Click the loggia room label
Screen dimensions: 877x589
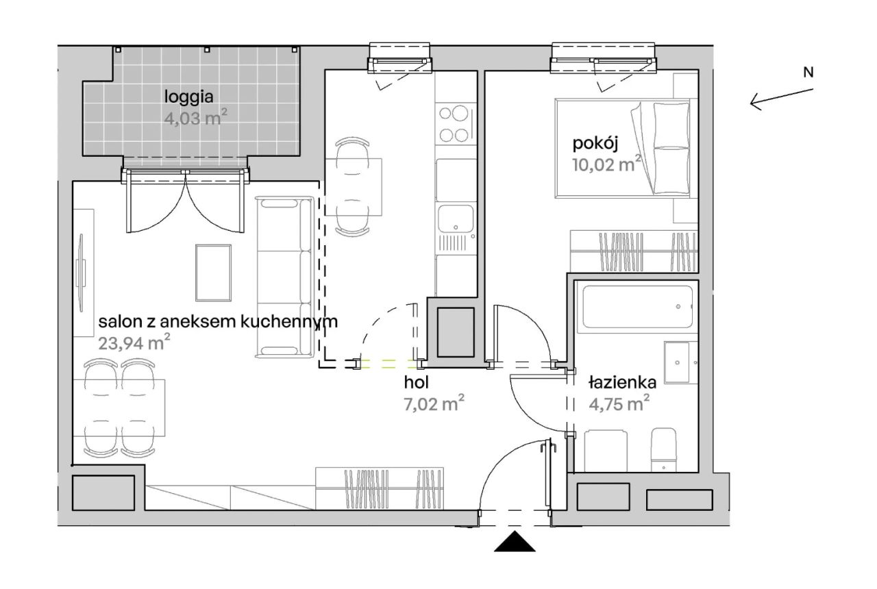coord(188,97)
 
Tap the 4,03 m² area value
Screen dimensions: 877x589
coord(195,117)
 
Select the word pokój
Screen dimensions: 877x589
coord(595,144)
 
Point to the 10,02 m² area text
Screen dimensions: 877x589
coord(606,164)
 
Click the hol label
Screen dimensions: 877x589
coord(416,382)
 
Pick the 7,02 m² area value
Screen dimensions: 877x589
coord(434,403)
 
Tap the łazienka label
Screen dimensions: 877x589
coord(623,382)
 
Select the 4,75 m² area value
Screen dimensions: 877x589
coord(619,403)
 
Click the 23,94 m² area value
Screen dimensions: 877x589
coord(134,343)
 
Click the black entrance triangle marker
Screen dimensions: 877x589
coord(515,541)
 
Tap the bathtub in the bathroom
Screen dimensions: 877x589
coord(637,307)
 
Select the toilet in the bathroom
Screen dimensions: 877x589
coord(664,451)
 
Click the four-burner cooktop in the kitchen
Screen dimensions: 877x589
coord(456,124)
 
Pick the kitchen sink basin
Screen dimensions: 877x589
coord(456,218)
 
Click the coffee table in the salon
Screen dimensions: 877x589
coord(213,273)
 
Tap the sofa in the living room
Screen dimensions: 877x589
coord(284,277)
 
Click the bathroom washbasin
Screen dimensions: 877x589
coord(676,362)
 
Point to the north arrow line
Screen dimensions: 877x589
coord(782,97)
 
